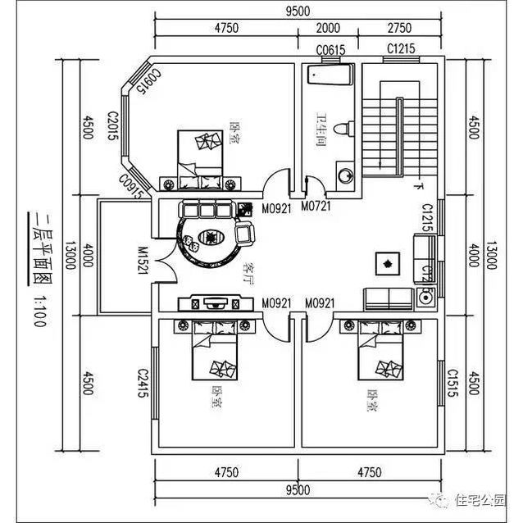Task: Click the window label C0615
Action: click(330, 51)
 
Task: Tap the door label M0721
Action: click(316, 206)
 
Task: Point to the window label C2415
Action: click(143, 382)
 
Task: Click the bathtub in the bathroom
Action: click(329, 75)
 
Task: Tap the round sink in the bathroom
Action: click(345, 175)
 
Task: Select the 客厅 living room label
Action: click(247, 271)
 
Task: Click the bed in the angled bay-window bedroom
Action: click(199, 151)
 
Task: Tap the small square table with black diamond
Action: click(385, 262)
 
